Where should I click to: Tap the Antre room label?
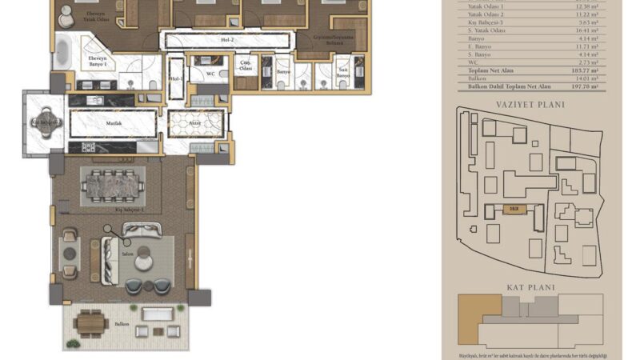click(x=194, y=123)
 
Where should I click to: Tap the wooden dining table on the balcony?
click(x=92, y=323)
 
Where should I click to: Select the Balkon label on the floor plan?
click(x=122, y=325)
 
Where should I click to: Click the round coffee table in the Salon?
click(x=144, y=258)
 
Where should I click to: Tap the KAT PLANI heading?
click(x=525, y=285)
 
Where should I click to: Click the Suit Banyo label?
click(x=343, y=74)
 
